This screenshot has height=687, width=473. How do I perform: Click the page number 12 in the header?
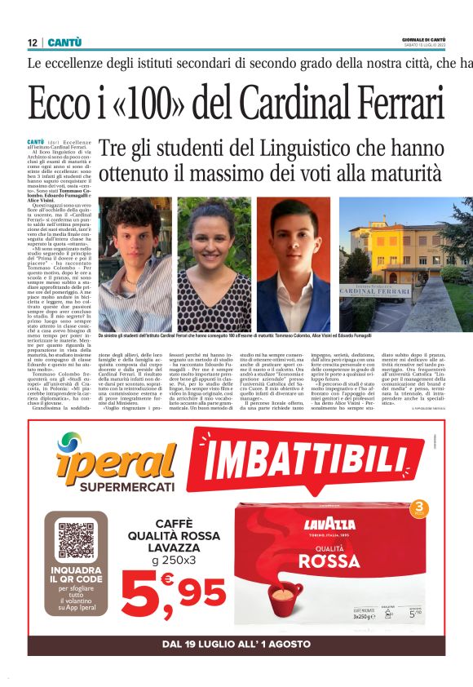click(x=33, y=42)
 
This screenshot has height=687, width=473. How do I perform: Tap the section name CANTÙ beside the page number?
click(x=64, y=42)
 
